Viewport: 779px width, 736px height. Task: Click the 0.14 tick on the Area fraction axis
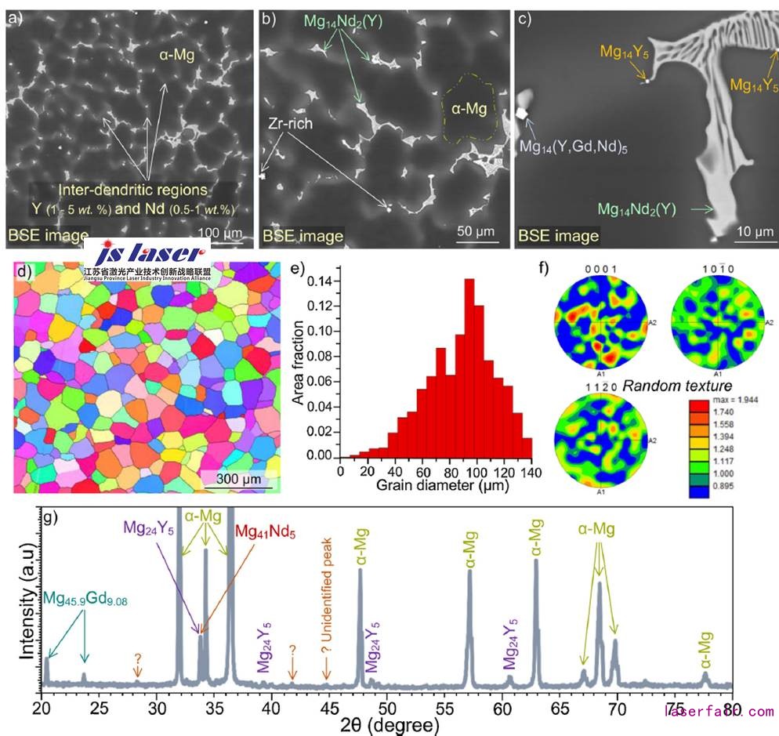pos(324,280)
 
